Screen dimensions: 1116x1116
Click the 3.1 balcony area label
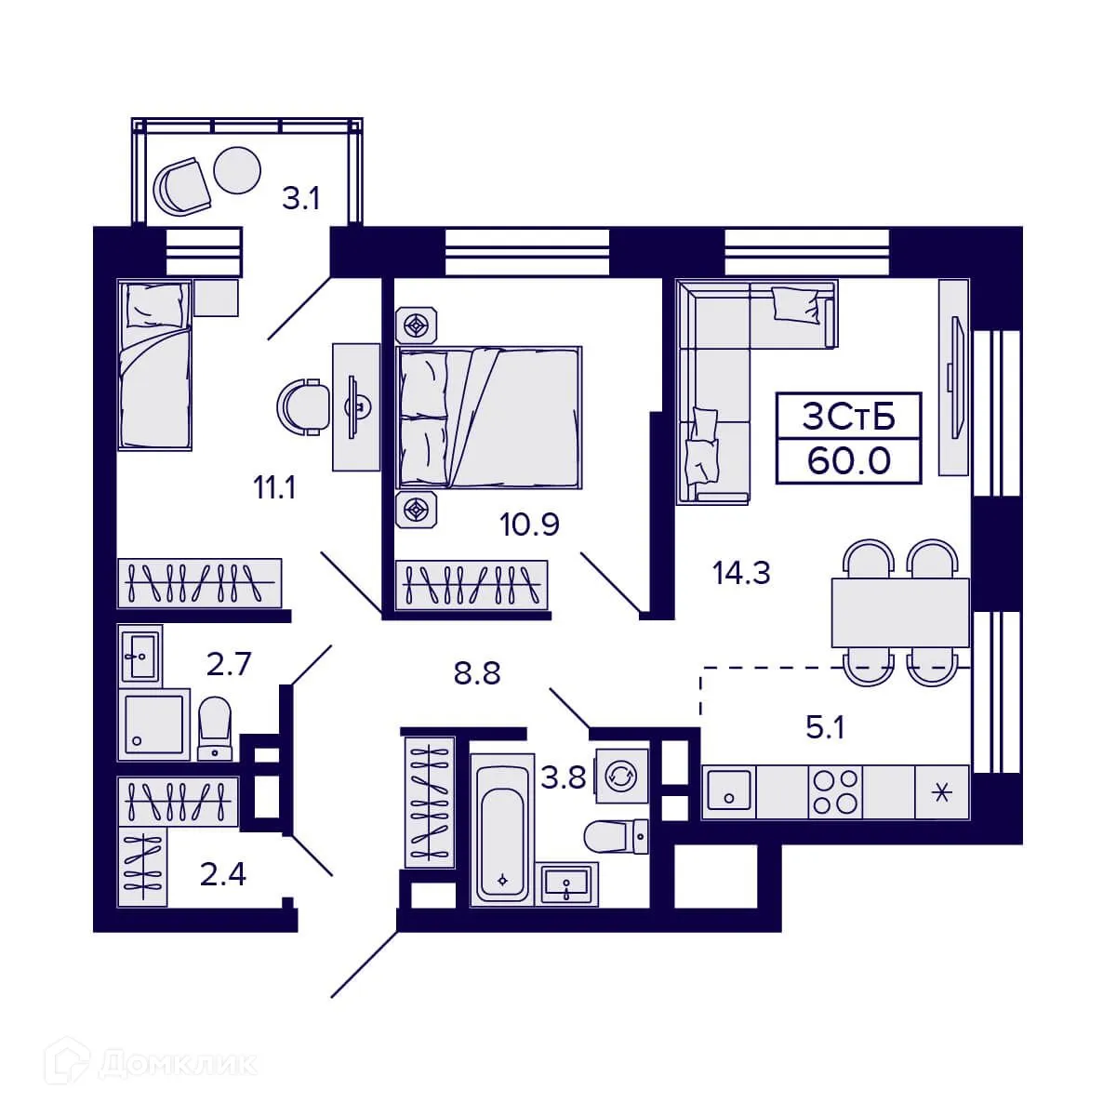tap(301, 198)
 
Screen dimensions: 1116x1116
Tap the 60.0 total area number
tap(848, 460)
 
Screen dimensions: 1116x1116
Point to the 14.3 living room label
tap(741, 574)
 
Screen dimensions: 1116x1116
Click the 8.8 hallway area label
tap(476, 672)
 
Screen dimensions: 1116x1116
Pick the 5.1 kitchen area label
tap(825, 727)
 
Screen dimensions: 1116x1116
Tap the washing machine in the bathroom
tap(618, 775)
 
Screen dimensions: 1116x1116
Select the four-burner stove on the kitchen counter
tap(836, 791)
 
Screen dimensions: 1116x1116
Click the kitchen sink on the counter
tap(729, 792)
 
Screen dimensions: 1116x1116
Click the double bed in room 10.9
tap(490, 418)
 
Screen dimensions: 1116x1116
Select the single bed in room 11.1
tap(154, 365)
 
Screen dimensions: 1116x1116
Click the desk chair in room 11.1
tap(303, 407)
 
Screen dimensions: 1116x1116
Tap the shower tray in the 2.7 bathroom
tap(154, 724)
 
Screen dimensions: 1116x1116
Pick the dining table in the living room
tap(899, 612)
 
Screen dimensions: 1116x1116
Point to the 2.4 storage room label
tap(223, 874)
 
